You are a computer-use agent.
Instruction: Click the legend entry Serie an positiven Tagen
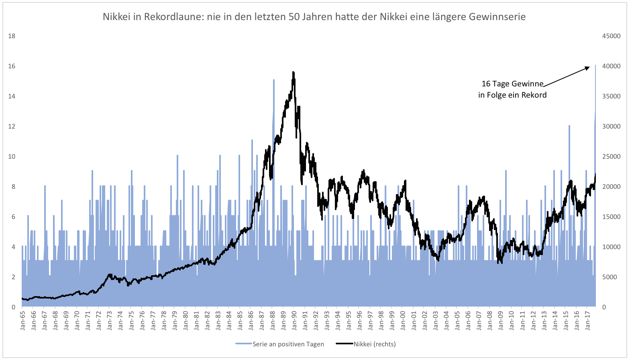(x=287, y=344)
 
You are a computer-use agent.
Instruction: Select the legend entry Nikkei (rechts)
(x=374, y=344)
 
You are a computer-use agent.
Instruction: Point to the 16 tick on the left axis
(x=12, y=66)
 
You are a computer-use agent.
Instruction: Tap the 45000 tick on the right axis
(x=611, y=36)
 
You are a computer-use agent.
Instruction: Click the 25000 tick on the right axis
(x=611, y=156)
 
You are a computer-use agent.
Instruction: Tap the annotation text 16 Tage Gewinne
(x=512, y=84)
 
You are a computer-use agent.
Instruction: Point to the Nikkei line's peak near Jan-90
(x=294, y=72)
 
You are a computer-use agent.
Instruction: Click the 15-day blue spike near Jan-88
(x=274, y=80)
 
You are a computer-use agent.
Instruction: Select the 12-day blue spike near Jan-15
(x=569, y=126)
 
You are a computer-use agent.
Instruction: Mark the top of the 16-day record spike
(x=595, y=65)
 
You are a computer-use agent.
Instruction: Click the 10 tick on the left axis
(x=12, y=156)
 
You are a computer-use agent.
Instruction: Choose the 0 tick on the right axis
(x=604, y=307)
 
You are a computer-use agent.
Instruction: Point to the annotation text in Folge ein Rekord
(x=512, y=95)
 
